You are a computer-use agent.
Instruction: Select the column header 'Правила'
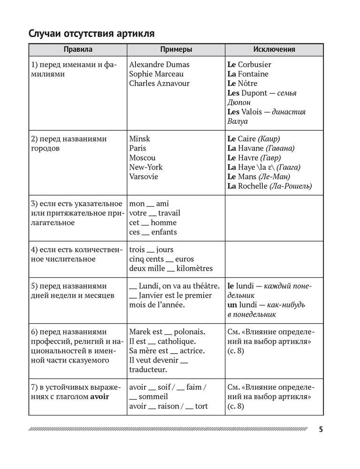[x=78, y=50]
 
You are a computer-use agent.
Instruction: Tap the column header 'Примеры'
[x=176, y=50]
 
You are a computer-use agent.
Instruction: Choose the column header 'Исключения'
[x=274, y=50]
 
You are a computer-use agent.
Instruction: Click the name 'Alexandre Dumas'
[x=159, y=65]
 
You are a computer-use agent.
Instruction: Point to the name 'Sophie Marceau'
[x=156, y=74]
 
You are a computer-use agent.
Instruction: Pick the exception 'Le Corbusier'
[x=249, y=65]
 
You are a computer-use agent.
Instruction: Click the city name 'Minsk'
[x=139, y=139]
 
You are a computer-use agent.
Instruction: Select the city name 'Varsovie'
[x=144, y=177]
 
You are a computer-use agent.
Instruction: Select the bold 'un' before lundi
[x=231, y=305]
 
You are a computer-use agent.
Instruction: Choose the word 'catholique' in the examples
[x=176, y=342]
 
